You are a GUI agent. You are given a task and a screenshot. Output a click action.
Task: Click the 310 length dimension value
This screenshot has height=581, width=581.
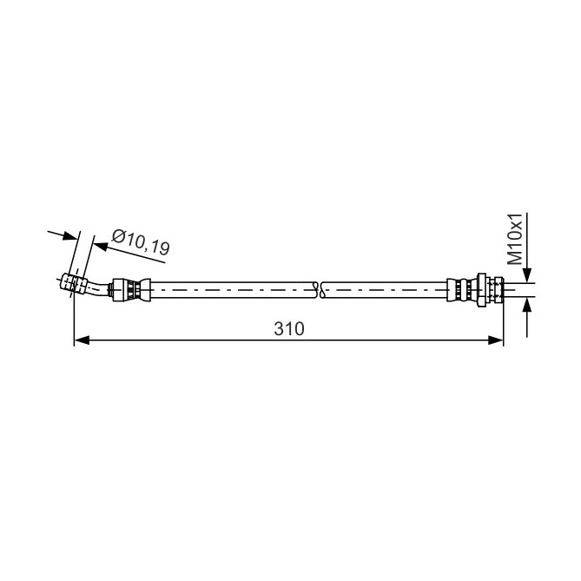pos(289,328)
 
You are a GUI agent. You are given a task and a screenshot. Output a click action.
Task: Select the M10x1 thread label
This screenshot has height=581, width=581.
pos(515,239)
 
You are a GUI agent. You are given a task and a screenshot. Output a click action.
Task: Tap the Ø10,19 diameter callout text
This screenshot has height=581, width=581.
pos(141,242)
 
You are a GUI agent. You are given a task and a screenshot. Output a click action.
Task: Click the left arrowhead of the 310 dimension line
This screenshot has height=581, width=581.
pos(82,340)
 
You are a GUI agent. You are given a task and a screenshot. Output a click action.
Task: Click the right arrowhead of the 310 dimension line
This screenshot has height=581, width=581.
pos(496,340)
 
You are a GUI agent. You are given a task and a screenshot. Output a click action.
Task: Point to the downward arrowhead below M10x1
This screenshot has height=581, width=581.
pos(527,275)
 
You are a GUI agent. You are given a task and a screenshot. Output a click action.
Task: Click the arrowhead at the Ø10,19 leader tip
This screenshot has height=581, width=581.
pos(101,247)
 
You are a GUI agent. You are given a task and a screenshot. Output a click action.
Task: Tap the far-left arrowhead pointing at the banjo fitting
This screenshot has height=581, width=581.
pos(70,235)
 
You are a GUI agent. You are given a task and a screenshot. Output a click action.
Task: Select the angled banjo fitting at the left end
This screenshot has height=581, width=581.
pos(74,284)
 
